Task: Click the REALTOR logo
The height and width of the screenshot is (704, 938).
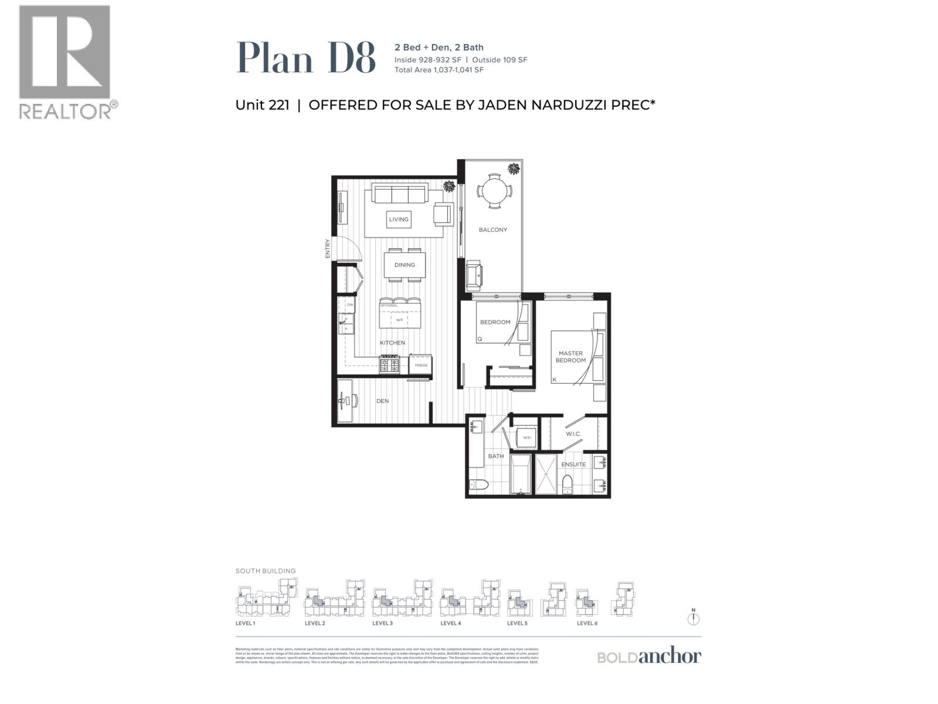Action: [x=64, y=62]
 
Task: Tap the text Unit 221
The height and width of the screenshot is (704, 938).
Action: [x=262, y=105]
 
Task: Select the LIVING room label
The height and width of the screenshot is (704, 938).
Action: [x=399, y=219]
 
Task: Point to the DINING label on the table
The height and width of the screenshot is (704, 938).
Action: [x=405, y=265]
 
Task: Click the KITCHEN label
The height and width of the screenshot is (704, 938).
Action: [x=392, y=343]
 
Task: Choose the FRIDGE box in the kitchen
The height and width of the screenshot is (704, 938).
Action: [x=421, y=365]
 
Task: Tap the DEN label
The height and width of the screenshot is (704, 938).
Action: [x=382, y=401]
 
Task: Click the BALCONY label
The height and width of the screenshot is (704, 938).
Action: [x=492, y=230]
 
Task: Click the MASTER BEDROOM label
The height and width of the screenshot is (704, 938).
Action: [x=570, y=357]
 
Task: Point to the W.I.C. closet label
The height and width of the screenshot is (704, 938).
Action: [x=573, y=434]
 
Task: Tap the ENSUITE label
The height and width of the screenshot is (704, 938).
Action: [x=573, y=464]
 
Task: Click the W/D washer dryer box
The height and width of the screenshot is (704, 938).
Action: [x=526, y=438]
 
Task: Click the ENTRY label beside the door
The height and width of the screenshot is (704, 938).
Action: [x=328, y=248]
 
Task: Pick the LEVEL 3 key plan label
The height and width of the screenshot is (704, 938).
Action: [x=382, y=623]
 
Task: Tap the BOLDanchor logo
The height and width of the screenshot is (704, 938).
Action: [x=649, y=656]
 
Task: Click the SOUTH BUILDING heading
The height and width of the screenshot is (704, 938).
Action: [x=266, y=571]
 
